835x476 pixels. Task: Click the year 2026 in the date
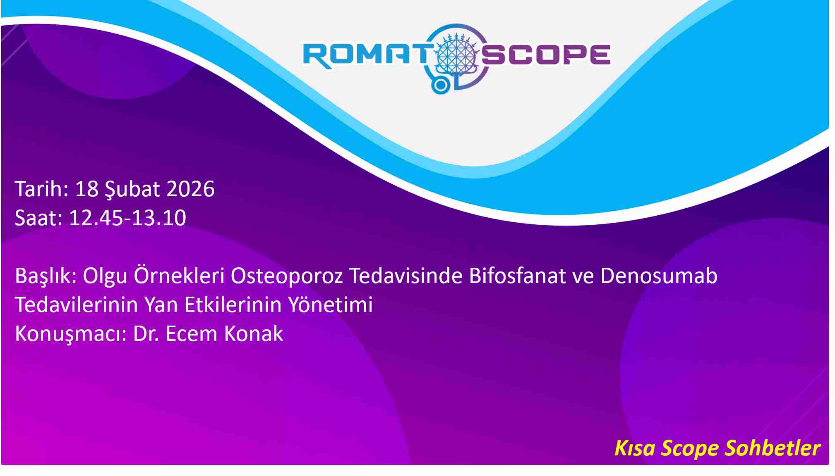click(190, 189)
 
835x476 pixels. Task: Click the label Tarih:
click(41, 189)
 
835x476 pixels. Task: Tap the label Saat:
click(38, 218)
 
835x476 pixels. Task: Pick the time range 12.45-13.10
click(127, 218)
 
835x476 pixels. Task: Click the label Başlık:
click(46, 276)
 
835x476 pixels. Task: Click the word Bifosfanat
click(517, 276)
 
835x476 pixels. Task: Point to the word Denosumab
click(659, 276)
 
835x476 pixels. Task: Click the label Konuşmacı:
click(71, 334)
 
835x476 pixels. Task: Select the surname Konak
click(254, 333)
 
